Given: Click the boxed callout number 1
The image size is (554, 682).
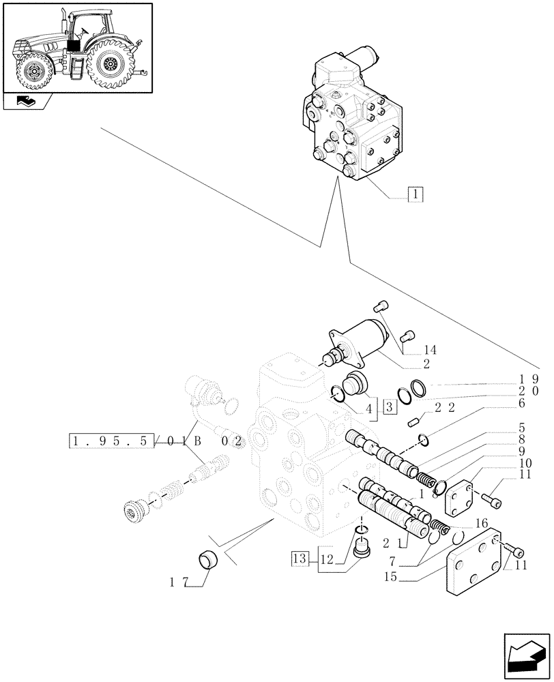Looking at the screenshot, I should coord(415,194).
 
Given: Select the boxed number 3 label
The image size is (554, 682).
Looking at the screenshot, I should coord(390,408).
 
